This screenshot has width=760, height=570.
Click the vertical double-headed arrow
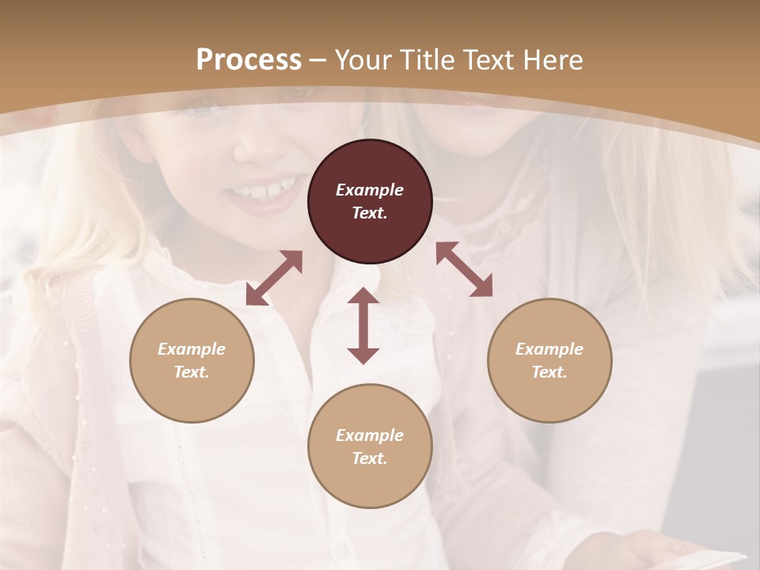[x=363, y=325]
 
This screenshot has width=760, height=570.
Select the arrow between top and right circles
[x=464, y=269]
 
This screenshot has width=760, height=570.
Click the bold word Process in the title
[x=249, y=59]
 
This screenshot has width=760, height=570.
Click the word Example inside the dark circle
[x=370, y=190]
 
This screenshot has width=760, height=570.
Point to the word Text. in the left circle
[x=192, y=372]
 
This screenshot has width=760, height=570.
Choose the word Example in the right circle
[x=549, y=349]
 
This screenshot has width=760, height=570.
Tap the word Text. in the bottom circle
[x=370, y=458]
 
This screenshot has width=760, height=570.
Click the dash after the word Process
[x=318, y=60]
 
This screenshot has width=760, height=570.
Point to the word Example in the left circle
[x=192, y=349]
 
